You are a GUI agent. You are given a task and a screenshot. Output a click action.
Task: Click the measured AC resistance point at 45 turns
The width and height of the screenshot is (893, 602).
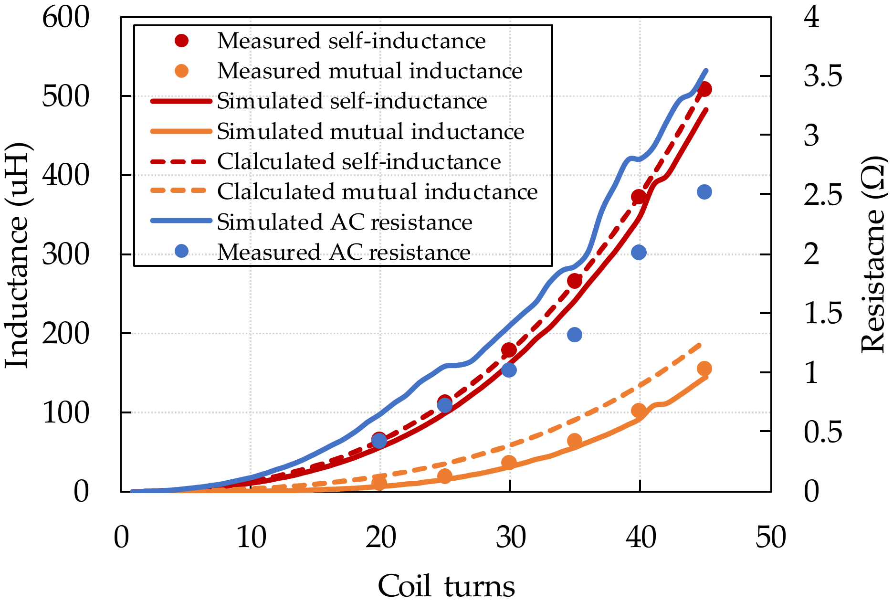[x=704, y=192]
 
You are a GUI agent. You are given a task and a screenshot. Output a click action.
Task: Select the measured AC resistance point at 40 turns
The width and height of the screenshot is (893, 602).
[x=639, y=253]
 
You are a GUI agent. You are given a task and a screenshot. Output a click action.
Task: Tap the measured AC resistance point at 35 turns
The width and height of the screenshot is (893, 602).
[x=575, y=335]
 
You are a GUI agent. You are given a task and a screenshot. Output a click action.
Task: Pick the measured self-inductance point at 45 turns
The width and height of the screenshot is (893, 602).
[x=704, y=89]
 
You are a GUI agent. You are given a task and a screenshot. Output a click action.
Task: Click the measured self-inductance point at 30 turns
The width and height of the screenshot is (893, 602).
[x=509, y=350]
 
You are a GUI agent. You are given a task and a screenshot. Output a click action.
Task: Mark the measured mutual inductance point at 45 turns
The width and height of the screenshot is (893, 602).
[x=704, y=369]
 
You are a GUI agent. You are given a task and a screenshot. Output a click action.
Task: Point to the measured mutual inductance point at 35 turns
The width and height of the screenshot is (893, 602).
[x=575, y=441]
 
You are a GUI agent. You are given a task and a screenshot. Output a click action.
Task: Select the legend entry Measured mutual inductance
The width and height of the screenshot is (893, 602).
[x=370, y=71]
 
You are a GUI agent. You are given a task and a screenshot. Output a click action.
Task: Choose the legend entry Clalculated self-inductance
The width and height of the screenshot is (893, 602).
[x=359, y=162]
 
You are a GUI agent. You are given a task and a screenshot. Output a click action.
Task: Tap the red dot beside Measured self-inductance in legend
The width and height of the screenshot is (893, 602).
[x=182, y=41]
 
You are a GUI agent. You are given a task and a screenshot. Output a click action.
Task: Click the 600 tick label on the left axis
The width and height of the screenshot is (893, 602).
[x=66, y=18]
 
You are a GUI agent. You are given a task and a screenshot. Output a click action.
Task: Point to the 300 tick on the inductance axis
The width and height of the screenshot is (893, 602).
[x=66, y=254]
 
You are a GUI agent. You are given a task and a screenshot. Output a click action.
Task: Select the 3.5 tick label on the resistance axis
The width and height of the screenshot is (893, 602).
[x=823, y=76]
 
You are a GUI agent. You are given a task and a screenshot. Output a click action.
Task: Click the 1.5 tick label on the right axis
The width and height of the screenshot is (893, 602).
[x=823, y=314]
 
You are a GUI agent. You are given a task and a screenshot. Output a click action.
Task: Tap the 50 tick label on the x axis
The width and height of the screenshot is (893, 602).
[x=770, y=537]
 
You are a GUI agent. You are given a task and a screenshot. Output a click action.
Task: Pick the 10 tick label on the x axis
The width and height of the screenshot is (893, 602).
[x=251, y=537]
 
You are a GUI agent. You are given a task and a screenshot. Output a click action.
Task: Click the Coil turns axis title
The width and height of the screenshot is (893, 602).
[x=446, y=586]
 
